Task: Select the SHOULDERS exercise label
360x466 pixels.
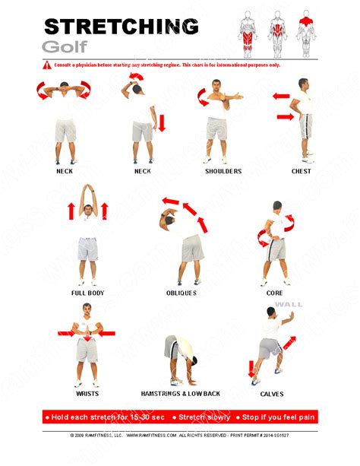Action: (x=223, y=171)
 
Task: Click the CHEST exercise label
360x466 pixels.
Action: (x=302, y=171)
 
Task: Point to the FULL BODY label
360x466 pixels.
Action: (x=88, y=293)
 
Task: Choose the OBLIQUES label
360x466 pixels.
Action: (x=182, y=293)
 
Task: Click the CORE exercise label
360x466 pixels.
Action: (x=275, y=293)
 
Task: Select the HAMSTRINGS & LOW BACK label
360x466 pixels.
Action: (x=182, y=394)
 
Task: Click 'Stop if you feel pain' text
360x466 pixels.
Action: (x=278, y=417)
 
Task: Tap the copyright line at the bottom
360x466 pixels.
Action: (x=180, y=436)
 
